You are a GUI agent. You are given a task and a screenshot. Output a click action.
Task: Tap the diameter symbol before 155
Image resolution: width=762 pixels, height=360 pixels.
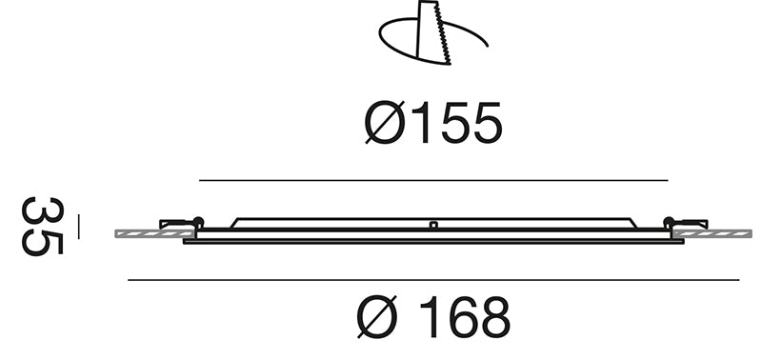385,123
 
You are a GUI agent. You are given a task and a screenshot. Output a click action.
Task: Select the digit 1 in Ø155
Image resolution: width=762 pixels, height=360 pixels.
422,123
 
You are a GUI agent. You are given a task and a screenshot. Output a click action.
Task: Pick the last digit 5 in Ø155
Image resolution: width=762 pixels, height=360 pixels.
488,123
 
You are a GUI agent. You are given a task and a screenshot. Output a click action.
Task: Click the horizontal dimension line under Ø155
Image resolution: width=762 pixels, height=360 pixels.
433,180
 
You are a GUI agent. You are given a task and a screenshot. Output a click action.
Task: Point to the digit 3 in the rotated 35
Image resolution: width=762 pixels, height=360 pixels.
43,210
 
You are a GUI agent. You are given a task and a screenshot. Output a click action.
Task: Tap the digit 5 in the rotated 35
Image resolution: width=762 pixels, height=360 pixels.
43,243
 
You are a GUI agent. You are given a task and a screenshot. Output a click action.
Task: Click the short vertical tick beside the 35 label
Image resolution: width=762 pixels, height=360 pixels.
79,227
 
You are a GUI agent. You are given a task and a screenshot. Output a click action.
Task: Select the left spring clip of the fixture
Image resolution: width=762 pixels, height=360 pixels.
181,224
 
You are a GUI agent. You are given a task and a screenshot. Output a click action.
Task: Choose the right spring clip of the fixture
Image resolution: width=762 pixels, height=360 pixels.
686,224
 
